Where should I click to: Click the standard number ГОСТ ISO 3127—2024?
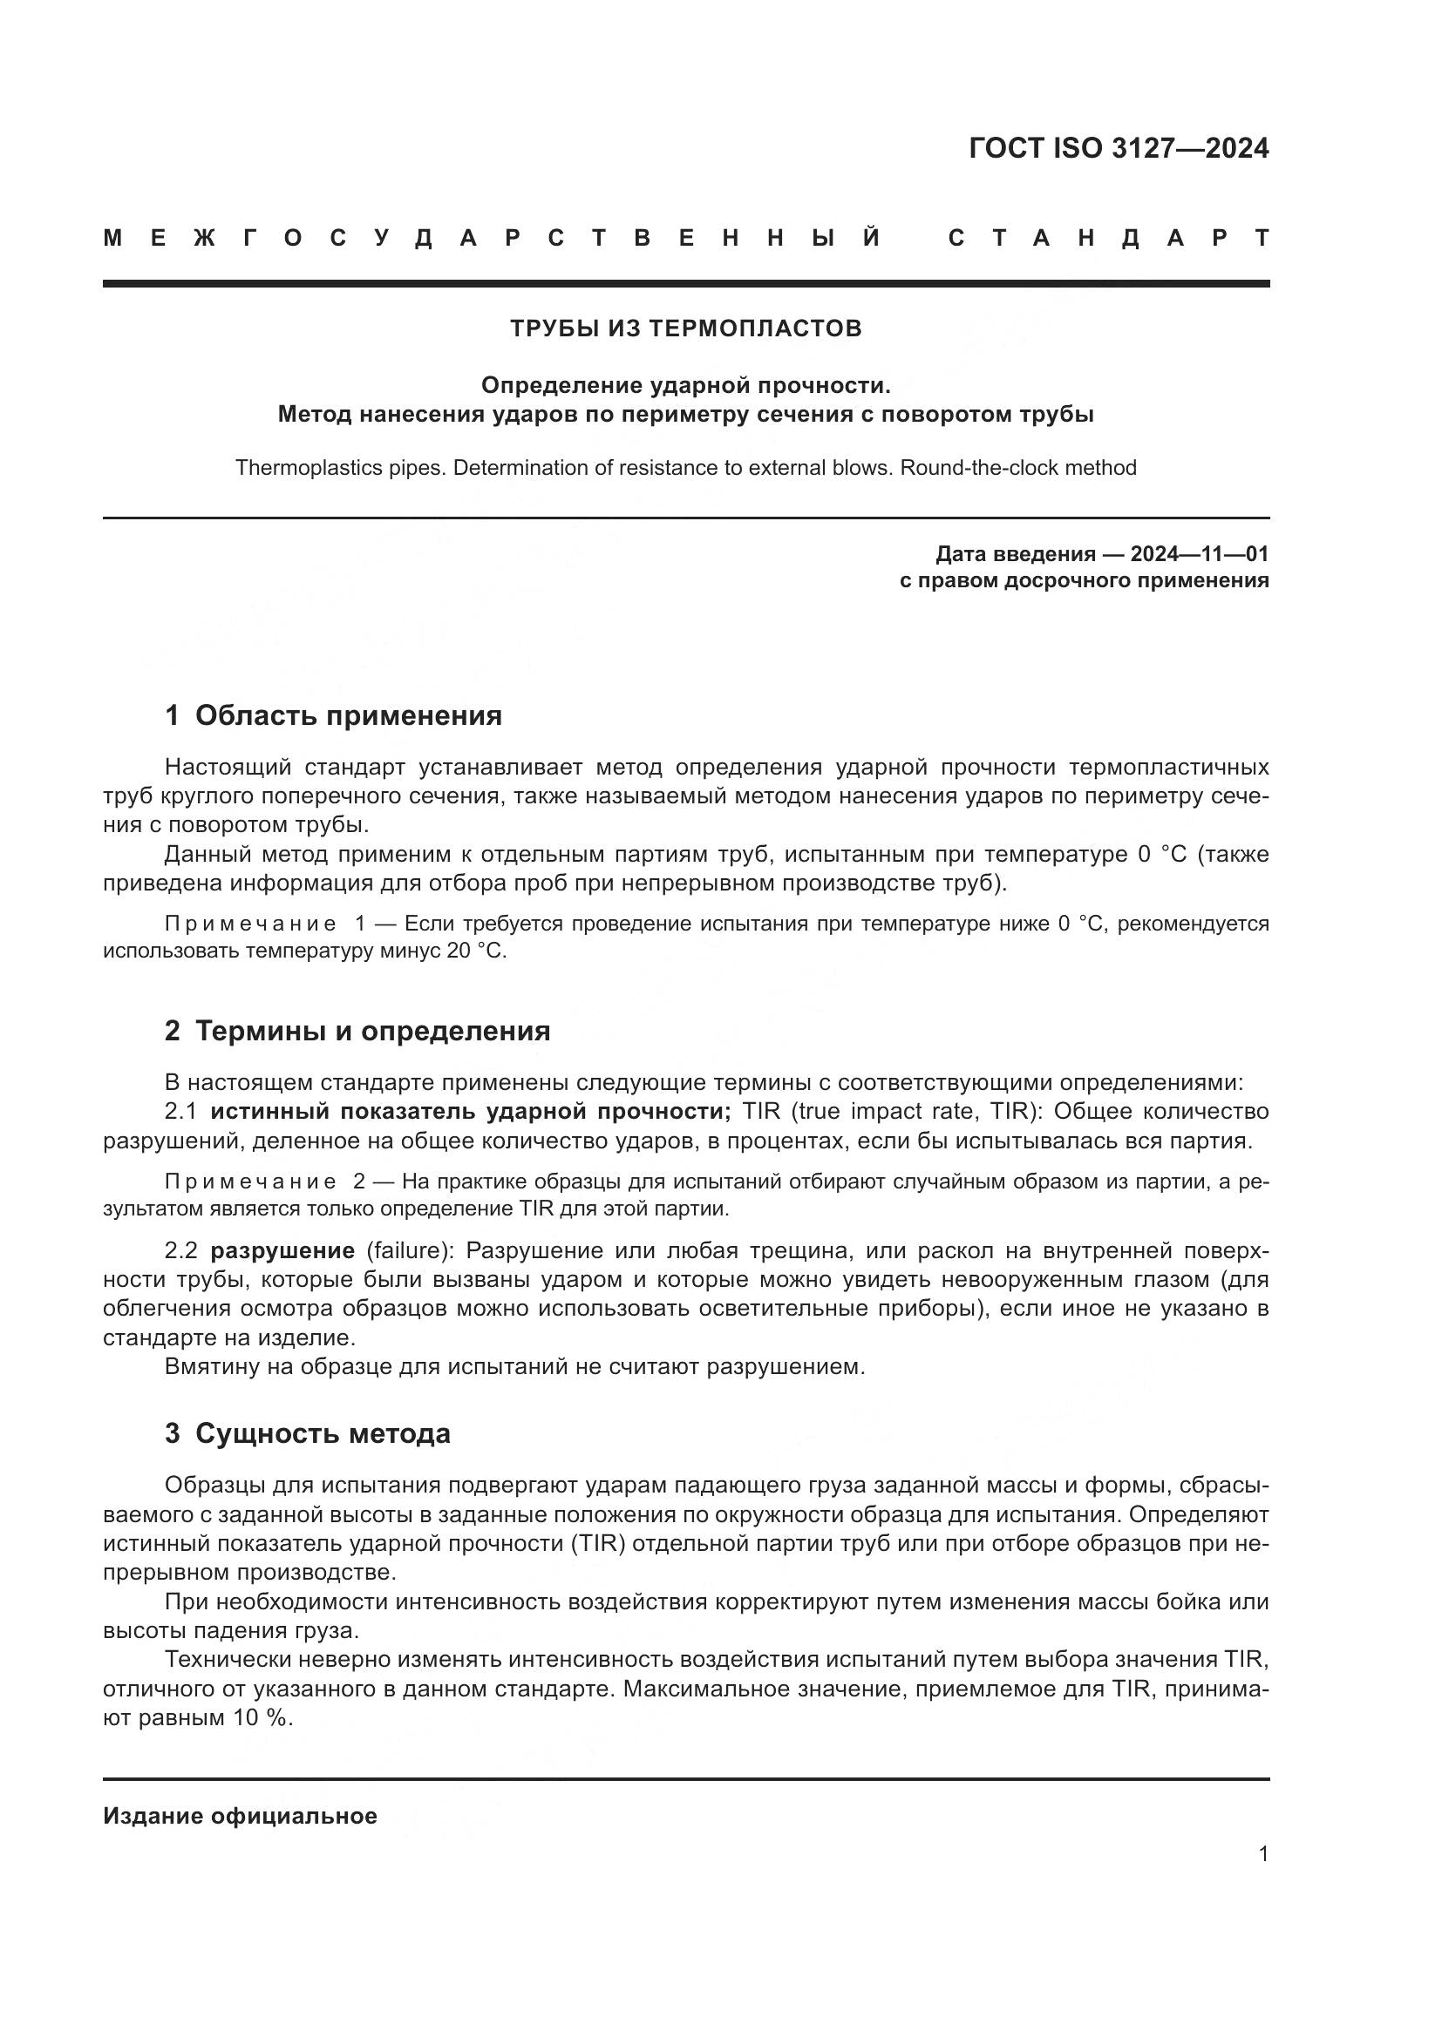click(x=1118, y=148)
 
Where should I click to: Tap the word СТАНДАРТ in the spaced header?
click(x=1108, y=238)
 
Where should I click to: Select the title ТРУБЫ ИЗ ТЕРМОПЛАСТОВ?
click(x=685, y=328)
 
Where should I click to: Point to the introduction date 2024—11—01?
click(x=1199, y=555)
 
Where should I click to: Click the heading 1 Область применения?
click(x=333, y=715)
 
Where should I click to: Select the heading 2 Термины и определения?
click(x=357, y=1031)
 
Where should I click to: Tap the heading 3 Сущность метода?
click(x=307, y=1433)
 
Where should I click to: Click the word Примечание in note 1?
click(x=250, y=924)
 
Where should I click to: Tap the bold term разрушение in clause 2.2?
click(x=282, y=1250)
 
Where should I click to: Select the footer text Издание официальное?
click(x=240, y=1816)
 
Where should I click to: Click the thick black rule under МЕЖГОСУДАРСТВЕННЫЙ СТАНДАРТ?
click(x=685, y=283)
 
